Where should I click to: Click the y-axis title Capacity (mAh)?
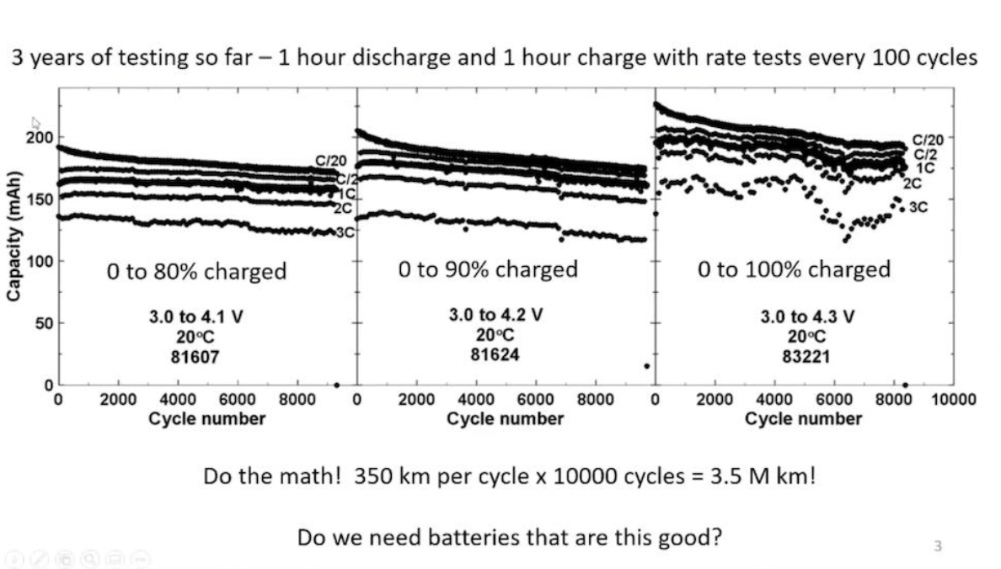[x=14, y=239]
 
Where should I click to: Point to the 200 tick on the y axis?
[x=39, y=138]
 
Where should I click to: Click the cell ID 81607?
[x=195, y=356]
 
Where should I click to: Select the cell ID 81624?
[x=495, y=354]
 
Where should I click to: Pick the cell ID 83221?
[x=806, y=356]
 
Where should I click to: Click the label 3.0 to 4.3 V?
[x=806, y=317]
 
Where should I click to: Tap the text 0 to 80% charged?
[x=196, y=272]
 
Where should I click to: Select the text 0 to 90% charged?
[x=488, y=269]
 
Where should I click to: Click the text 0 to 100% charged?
[x=794, y=269]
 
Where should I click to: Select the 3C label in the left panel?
[x=345, y=233]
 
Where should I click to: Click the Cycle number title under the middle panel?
[x=505, y=418]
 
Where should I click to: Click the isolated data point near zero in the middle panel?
[x=647, y=365]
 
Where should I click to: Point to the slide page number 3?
[x=937, y=546]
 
